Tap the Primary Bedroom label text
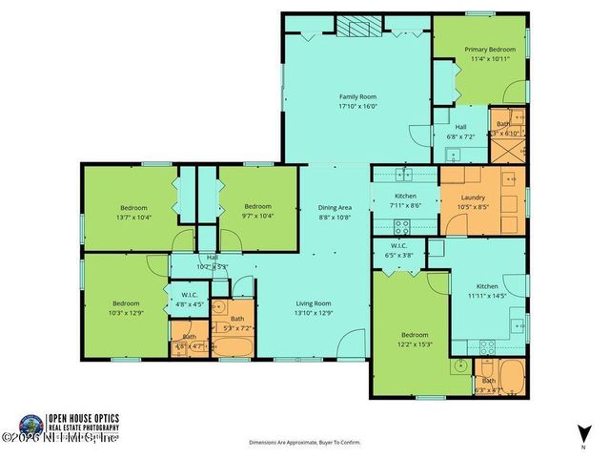coord(489,49)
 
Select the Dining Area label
coord(335,207)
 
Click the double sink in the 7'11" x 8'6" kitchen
coord(403,174)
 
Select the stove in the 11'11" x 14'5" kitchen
coord(488,345)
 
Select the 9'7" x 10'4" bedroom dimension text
coord(257,217)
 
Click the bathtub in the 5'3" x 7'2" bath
coord(233,345)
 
